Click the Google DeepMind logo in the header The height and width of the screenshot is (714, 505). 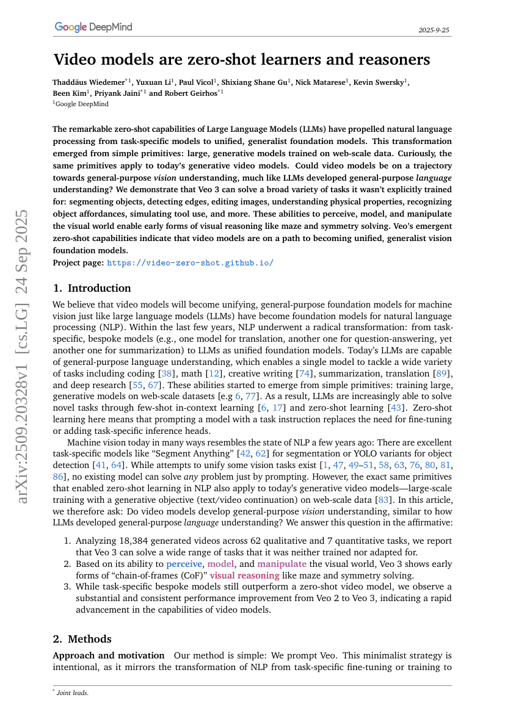click(93, 27)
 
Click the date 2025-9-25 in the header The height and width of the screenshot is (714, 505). click(435, 29)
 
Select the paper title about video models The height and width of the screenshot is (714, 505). click(242, 60)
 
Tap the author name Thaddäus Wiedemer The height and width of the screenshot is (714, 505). click(89, 81)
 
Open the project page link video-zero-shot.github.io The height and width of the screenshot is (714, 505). click(190, 263)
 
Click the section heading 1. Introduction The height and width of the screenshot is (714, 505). click(92, 288)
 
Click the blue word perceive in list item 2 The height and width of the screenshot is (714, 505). click(184, 563)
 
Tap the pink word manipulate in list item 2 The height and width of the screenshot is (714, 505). click(283, 563)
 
